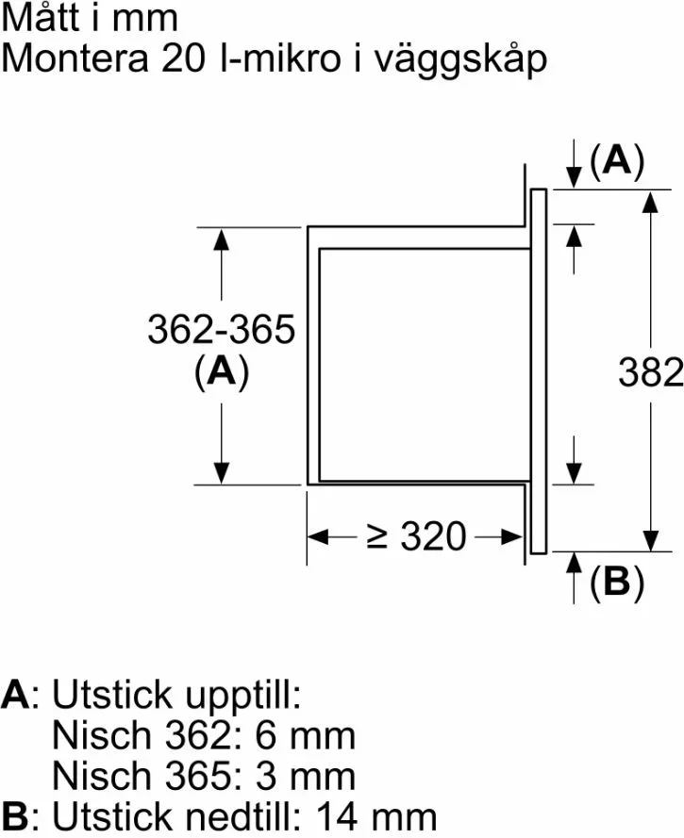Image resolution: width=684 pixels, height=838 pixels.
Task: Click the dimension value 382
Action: tap(651, 372)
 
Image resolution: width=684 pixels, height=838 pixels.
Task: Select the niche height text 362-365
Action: tap(221, 329)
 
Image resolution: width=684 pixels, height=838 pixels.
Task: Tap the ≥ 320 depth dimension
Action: tap(417, 536)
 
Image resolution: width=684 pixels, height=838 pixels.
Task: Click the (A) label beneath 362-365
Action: tap(222, 370)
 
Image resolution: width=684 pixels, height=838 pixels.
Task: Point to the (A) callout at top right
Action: tap(617, 160)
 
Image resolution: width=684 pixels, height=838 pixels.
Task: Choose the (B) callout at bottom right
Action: tap(617, 582)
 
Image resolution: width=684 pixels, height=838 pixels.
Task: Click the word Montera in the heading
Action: tap(75, 58)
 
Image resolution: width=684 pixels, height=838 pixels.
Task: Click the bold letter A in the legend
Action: tap(15, 695)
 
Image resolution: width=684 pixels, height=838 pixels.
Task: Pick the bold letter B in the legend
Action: tap(15, 816)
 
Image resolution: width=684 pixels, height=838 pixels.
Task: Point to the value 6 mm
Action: tap(305, 735)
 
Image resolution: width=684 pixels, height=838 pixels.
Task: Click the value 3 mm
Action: tap(305, 776)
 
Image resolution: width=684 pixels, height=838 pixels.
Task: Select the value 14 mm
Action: tap(376, 816)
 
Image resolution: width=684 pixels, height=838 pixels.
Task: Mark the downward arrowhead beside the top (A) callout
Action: tap(574, 177)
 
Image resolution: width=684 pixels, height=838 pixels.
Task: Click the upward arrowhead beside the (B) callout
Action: tap(574, 564)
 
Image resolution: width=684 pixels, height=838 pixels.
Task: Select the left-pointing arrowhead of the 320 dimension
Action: tap(318, 536)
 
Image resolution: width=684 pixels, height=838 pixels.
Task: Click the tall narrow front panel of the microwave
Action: tap(538, 370)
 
